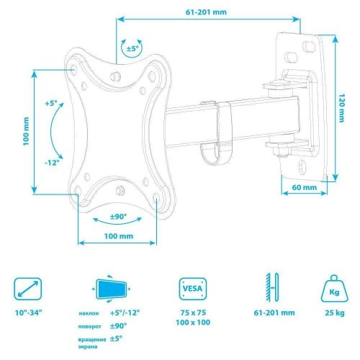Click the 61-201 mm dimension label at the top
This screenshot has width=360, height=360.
pyautogui.click(x=206, y=12)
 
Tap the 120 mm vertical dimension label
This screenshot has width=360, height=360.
pyautogui.click(x=341, y=108)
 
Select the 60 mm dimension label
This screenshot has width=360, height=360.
pyautogui.click(x=305, y=187)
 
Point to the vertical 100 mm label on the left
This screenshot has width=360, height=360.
pyautogui.click(x=26, y=131)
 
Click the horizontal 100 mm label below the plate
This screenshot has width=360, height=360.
pyautogui.click(x=119, y=236)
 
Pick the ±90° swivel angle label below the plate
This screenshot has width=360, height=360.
pyautogui.click(x=118, y=217)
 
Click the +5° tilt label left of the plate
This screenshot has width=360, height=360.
pyautogui.click(x=51, y=104)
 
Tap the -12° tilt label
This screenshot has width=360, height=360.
pyautogui.click(x=52, y=163)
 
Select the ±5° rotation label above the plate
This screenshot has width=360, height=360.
pyautogui.click(x=132, y=49)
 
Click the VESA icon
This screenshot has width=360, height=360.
pyautogui.click(x=193, y=289)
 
